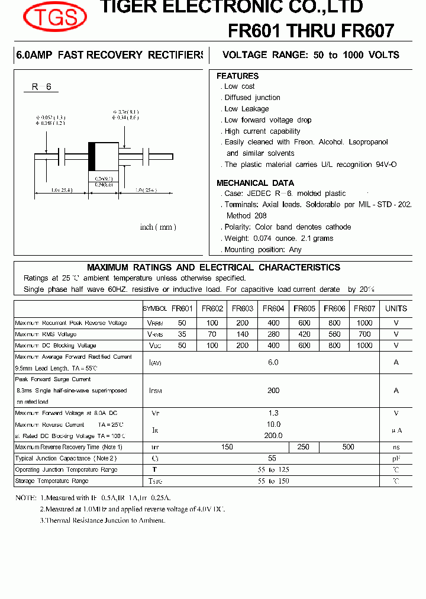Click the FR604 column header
[x=273, y=308]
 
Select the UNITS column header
[x=396, y=308]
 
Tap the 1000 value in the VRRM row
[x=364, y=323]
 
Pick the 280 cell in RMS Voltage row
[x=273, y=334]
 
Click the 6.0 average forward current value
[x=273, y=362]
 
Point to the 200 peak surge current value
[x=273, y=391]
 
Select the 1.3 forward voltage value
[x=273, y=413]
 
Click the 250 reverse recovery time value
[x=303, y=447]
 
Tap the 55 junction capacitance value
[x=273, y=458]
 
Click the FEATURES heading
[x=237, y=76]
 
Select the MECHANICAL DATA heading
[x=255, y=183]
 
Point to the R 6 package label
[x=41, y=87]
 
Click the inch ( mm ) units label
[x=158, y=227]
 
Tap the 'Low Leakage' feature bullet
[x=246, y=109]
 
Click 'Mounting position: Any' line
[x=262, y=250]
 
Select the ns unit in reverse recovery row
[x=396, y=447]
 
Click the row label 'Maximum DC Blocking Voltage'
[x=56, y=346]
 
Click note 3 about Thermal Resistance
[x=102, y=520]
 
